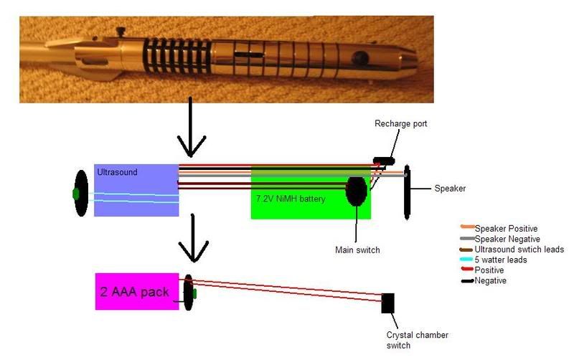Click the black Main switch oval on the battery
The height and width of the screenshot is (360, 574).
coord(356,191)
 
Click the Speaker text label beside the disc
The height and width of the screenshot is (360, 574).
coord(450,189)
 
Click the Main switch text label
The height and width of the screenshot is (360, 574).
coord(357,250)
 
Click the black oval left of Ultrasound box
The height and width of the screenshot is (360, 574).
coord(81,193)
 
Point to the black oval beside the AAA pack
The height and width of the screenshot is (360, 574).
coord(189,292)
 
